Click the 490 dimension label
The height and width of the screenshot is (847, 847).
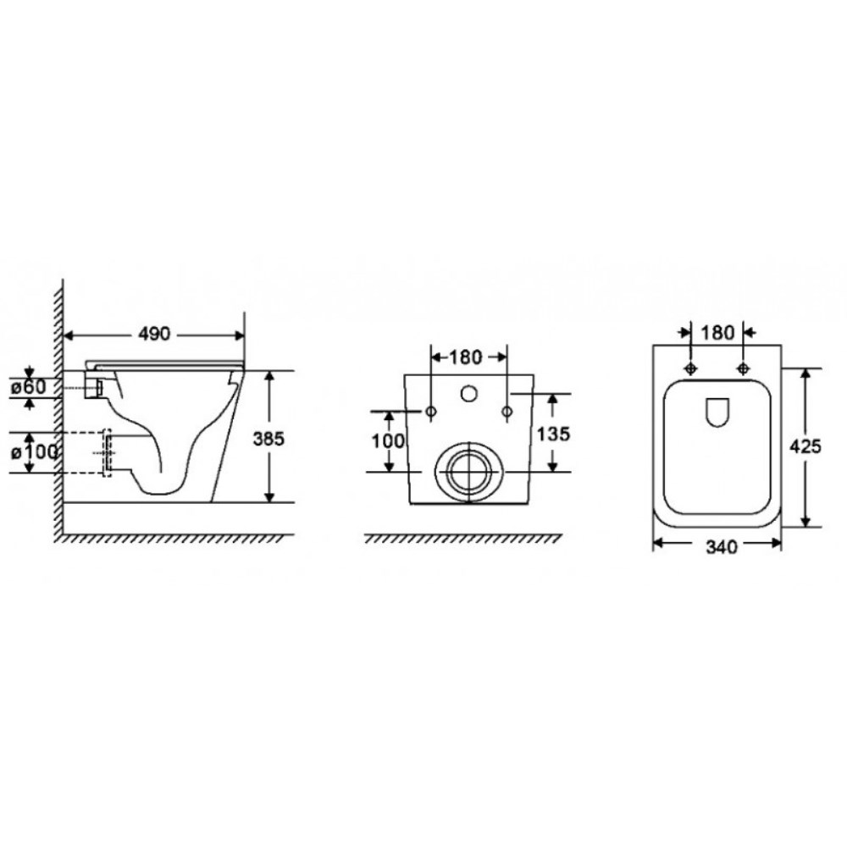pyautogui.click(x=154, y=335)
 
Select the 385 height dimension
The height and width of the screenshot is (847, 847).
pyautogui.click(x=268, y=439)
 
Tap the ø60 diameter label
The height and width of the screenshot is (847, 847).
pyautogui.click(x=31, y=387)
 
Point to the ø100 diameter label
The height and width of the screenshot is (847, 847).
pyautogui.click(x=35, y=451)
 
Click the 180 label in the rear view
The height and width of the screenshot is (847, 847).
pyautogui.click(x=466, y=357)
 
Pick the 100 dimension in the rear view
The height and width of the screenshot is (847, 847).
pyautogui.click(x=388, y=440)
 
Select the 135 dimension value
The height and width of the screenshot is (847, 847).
pyautogui.click(x=554, y=434)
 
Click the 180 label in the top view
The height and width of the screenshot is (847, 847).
pyautogui.click(x=717, y=333)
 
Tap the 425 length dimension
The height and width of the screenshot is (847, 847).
pyautogui.click(x=805, y=446)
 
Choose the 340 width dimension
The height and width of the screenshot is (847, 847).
pyautogui.click(x=721, y=547)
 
